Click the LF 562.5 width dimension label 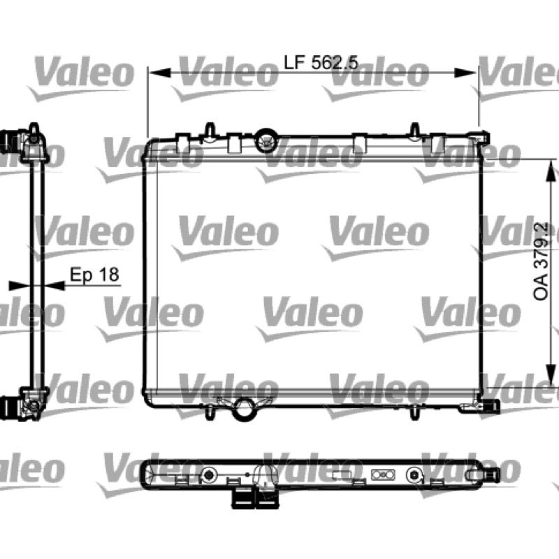321,63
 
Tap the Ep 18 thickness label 94,275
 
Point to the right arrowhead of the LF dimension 465,73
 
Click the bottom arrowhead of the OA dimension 551,375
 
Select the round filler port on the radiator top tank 266,140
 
